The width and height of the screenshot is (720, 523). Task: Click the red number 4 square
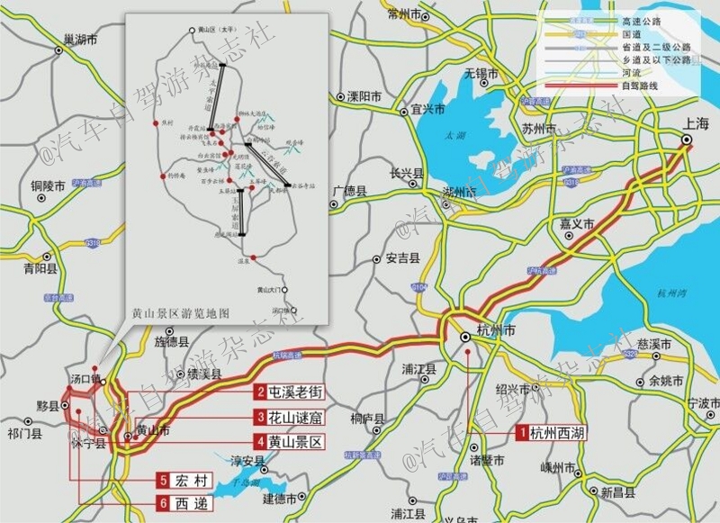pyautogui.click(x=259, y=442)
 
